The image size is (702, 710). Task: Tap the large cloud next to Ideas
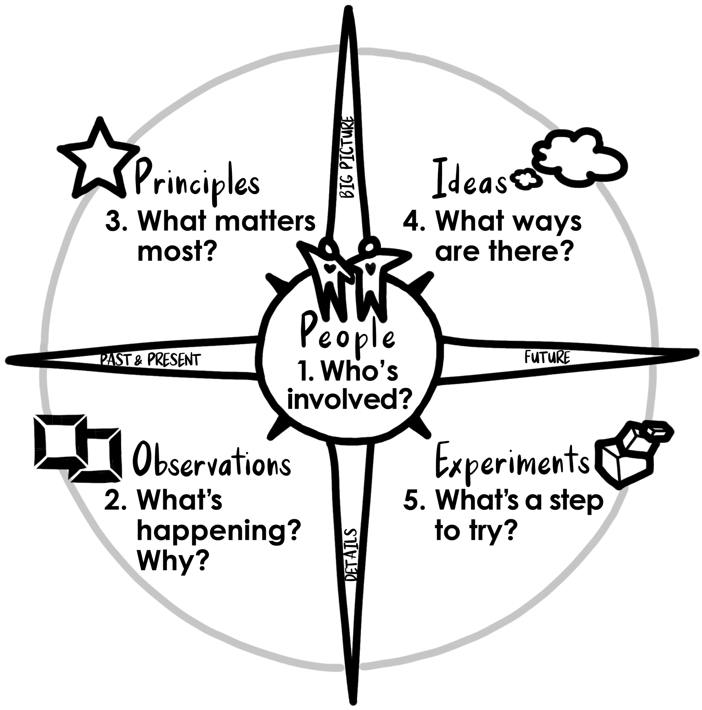[x=580, y=156]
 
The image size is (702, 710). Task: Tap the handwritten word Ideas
[x=470, y=179]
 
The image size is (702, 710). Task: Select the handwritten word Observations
[x=212, y=460]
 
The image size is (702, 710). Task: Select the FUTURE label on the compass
[x=547, y=357]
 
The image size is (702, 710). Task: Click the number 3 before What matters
[x=115, y=222]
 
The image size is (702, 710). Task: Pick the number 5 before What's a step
[x=414, y=501]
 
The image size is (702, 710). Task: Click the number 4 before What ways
[x=414, y=222]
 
